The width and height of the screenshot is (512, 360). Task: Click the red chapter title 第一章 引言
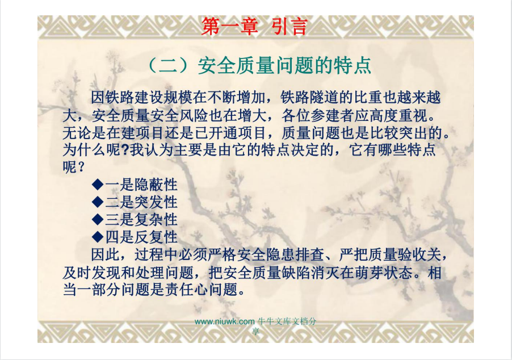click(254, 26)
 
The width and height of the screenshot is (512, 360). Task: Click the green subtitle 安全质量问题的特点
click(284, 65)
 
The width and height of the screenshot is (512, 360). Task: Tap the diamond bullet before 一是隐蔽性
click(98, 185)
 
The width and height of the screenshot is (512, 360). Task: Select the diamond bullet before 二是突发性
click(98, 202)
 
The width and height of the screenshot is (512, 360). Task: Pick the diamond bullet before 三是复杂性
click(98, 219)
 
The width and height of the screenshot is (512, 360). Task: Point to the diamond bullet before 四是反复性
click(98, 237)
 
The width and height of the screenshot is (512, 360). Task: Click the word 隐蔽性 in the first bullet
click(156, 185)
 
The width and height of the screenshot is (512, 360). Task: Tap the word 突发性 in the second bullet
click(156, 202)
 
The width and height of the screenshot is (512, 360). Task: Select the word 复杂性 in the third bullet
click(156, 219)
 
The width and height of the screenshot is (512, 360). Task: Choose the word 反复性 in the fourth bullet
click(156, 237)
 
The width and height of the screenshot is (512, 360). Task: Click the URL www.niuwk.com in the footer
click(224, 321)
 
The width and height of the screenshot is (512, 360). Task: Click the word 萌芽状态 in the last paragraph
click(384, 273)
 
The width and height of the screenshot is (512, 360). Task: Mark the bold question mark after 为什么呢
click(125, 150)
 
